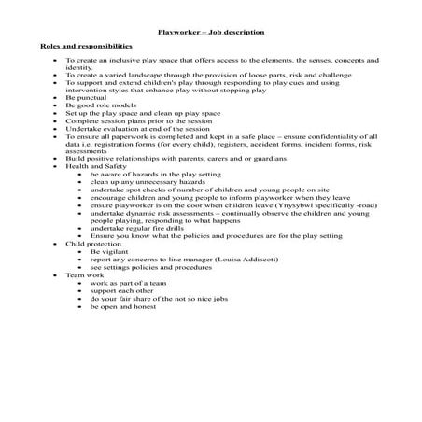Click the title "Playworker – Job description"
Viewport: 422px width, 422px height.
pos(210,30)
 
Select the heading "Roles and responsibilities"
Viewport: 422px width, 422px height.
pos(86,45)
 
